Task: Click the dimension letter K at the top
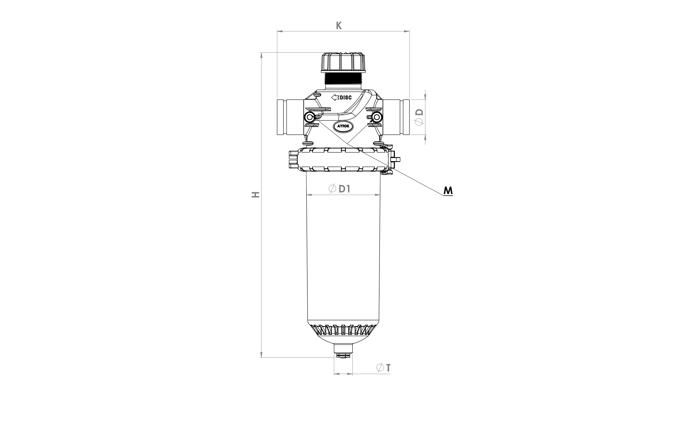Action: (339, 25)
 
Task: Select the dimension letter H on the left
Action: (256, 195)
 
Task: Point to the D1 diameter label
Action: (344, 189)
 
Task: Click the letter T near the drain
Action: (388, 368)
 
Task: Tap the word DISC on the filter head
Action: (346, 98)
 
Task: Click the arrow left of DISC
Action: (335, 97)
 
